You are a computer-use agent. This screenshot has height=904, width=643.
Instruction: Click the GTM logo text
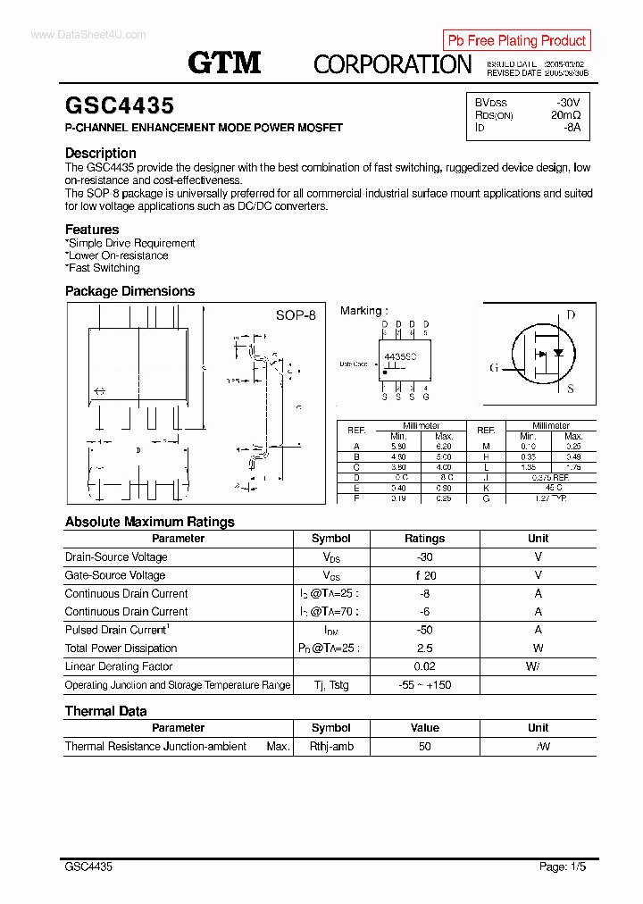point(224,63)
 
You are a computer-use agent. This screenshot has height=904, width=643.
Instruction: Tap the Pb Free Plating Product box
point(516,40)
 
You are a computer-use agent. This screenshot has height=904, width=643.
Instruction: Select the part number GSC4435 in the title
point(120,106)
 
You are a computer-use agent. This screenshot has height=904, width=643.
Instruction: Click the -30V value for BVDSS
point(567,103)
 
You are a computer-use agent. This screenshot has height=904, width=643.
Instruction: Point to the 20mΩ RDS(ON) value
point(565,115)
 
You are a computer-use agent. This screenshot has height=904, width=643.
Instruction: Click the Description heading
point(101,153)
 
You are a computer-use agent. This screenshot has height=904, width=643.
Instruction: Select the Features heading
point(92,230)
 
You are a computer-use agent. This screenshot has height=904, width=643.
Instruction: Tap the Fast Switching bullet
point(104,268)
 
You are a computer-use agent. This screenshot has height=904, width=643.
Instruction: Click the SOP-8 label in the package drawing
point(295,315)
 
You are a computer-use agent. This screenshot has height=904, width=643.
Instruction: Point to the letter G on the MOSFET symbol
point(493,367)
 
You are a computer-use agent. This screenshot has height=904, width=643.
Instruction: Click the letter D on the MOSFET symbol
point(571,314)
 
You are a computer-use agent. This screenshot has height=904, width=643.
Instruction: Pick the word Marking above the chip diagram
point(361,311)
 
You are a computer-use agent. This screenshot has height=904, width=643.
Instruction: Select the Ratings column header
point(424,539)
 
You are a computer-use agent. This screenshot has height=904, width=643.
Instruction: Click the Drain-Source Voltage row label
point(116,557)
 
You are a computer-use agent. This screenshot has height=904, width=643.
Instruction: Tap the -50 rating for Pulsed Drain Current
point(424,630)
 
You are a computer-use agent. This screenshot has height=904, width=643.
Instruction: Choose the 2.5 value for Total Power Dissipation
point(424,649)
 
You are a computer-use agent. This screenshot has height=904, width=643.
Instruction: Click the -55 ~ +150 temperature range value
point(424,685)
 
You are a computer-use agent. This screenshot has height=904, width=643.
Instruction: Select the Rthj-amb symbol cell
point(331,746)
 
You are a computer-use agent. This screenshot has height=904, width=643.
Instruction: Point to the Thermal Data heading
point(106,711)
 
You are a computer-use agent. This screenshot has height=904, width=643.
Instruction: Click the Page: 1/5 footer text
point(564,866)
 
